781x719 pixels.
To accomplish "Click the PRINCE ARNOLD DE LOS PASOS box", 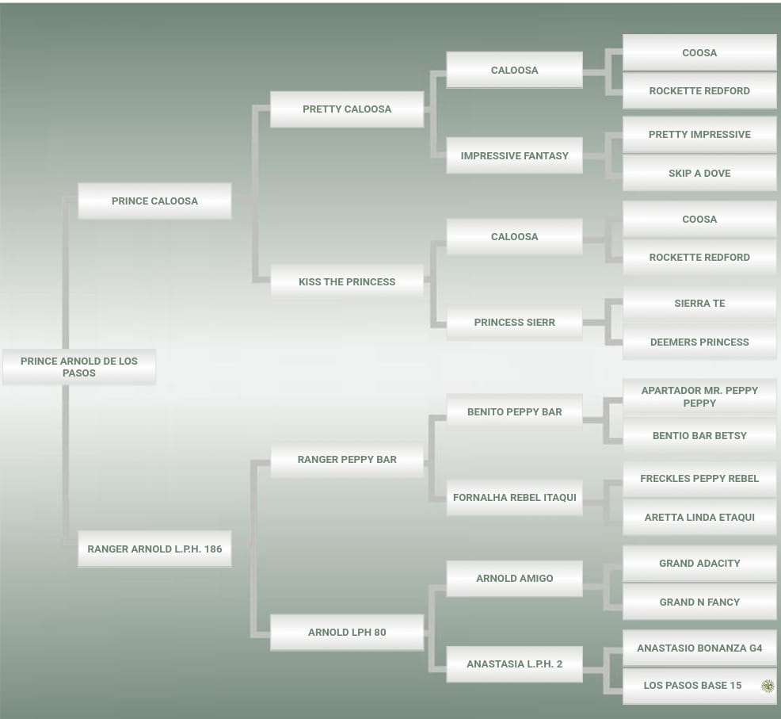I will pyautogui.click(x=79, y=367).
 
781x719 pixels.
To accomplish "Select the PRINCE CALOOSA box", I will pyautogui.click(x=154, y=201).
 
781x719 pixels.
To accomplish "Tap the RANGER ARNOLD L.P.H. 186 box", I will pyautogui.click(x=154, y=549).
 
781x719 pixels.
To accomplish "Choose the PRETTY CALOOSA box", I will pyautogui.click(x=347, y=109).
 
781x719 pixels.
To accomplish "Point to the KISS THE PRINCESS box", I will pyautogui.click(x=347, y=281).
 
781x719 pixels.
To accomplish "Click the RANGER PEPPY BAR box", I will pyautogui.click(x=347, y=459).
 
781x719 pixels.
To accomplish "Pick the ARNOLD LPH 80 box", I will pyautogui.click(x=347, y=632).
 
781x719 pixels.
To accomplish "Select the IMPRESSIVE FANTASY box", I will pyautogui.click(x=515, y=156).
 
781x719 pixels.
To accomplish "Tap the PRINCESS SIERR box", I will pyautogui.click(x=515, y=323).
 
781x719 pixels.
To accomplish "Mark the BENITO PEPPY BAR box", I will pyautogui.click(x=515, y=412).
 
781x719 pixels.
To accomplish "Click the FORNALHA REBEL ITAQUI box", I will pyautogui.click(x=515, y=498).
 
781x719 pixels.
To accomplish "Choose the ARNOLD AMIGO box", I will pyautogui.click(x=515, y=579).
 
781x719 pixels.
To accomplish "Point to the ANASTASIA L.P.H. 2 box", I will pyautogui.click(x=515, y=664).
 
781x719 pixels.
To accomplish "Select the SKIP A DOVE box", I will pyautogui.click(x=699, y=173).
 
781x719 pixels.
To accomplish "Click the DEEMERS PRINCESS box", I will pyautogui.click(x=699, y=342).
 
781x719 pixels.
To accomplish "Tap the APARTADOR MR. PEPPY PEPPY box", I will pyautogui.click(x=699, y=396).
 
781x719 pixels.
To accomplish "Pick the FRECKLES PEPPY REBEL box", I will pyautogui.click(x=699, y=479).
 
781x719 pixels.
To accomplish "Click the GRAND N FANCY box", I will pyautogui.click(x=699, y=602).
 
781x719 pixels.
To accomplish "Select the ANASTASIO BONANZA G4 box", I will pyautogui.click(x=699, y=648).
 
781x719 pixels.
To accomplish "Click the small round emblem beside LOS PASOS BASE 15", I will pyautogui.click(x=767, y=686).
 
